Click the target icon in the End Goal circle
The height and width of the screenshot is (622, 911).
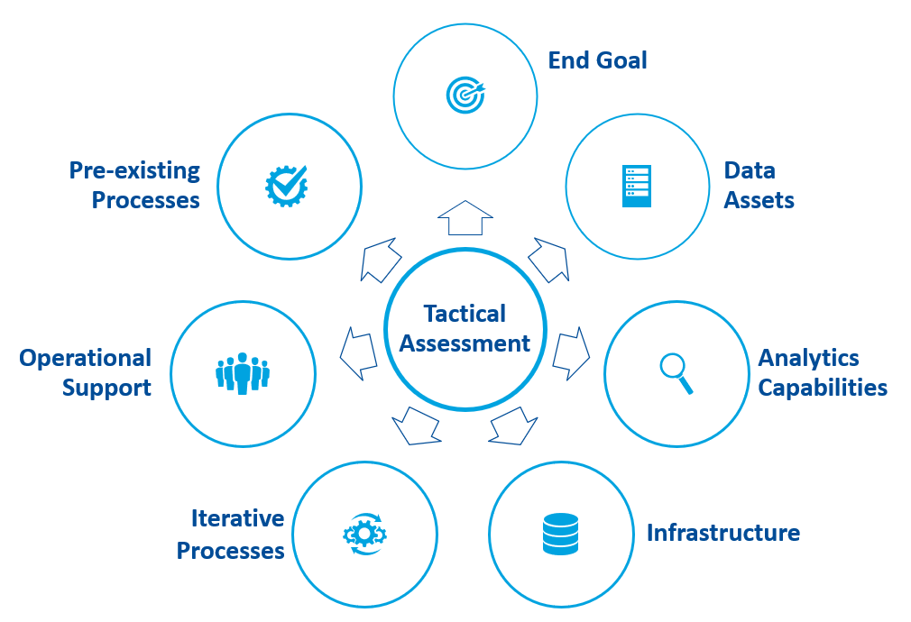465,94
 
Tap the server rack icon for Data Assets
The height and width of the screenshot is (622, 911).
636,187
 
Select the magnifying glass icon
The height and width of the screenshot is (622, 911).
676,373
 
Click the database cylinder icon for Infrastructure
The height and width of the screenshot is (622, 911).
560,534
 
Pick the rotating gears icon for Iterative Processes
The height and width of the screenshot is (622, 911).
364,534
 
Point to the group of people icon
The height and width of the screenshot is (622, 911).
243,373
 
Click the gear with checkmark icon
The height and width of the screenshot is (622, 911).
287,186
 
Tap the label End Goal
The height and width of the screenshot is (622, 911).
598,60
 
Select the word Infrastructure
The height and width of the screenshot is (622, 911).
722,533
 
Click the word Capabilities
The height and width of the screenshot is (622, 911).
823,388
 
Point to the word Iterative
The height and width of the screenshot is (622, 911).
237,518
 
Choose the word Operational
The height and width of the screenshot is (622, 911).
86,359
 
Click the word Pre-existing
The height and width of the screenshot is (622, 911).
134,170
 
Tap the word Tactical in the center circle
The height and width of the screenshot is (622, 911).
465,314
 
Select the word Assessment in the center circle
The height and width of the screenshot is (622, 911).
465,343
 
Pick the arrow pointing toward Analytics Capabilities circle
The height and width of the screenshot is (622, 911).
570,353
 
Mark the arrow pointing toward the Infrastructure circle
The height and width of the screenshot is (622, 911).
512,425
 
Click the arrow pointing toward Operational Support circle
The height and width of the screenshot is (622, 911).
358,352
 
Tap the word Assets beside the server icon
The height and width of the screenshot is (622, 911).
759,200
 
